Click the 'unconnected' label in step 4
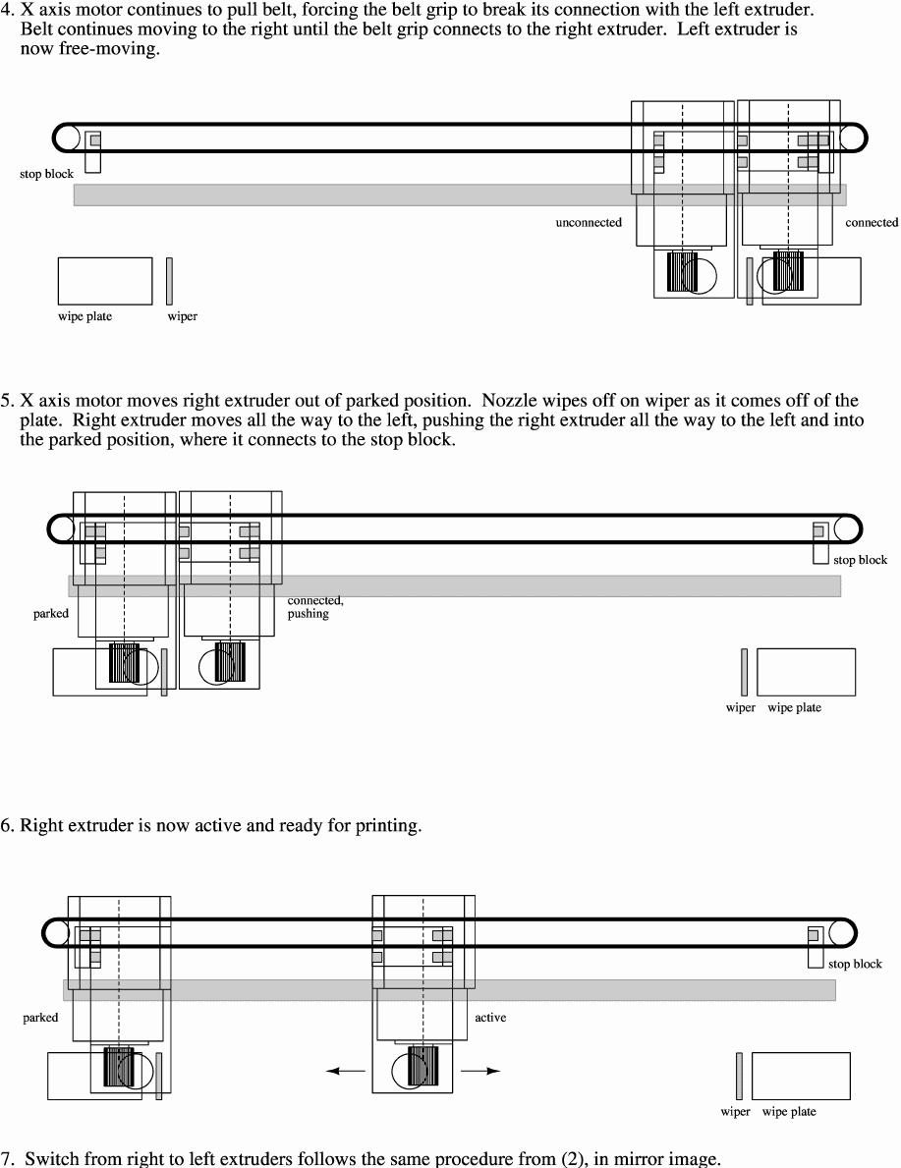[x=589, y=223]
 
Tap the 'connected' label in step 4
[x=872, y=223]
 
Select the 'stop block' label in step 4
[x=46, y=175]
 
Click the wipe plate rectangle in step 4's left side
[x=105, y=281]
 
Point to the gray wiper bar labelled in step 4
[x=169, y=281]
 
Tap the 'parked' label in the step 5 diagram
[x=51, y=614]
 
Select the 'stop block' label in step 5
[x=860, y=560]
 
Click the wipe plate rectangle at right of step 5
[x=806, y=672]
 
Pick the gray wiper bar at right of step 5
[x=744, y=672]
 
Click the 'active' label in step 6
[x=490, y=1018]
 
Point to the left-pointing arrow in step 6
[x=345, y=1072]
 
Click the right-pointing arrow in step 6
[x=480, y=1072]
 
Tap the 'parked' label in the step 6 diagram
[x=40, y=1018]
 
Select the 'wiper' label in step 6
[x=735, y=1112]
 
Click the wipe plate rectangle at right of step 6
[x=801, y=1076]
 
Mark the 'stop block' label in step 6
[x=855, y=964]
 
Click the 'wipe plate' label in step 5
[x=794, y=708]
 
